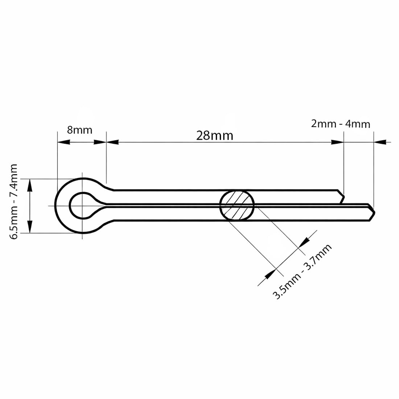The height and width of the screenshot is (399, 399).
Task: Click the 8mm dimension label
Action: pyautogui.click(x=79, y=130)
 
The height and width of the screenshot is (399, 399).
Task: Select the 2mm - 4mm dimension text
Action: pyautogui.click(x=341, y=124)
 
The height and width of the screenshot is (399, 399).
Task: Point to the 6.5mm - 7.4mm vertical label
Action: pyautogui.click(x=13, y=202)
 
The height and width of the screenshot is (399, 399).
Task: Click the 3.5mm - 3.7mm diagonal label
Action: pyautogui.click(x=302, y=271)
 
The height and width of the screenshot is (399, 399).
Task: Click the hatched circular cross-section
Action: pyautogui.click(x=237, y=205)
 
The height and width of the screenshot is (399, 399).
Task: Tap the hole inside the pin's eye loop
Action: pyautogui.click(x=82, y=205)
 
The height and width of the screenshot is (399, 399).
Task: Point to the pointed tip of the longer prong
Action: pyautogui.click(x=375, y=212)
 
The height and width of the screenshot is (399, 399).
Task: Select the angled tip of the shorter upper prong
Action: pyautogui.click(x=344, y=196)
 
